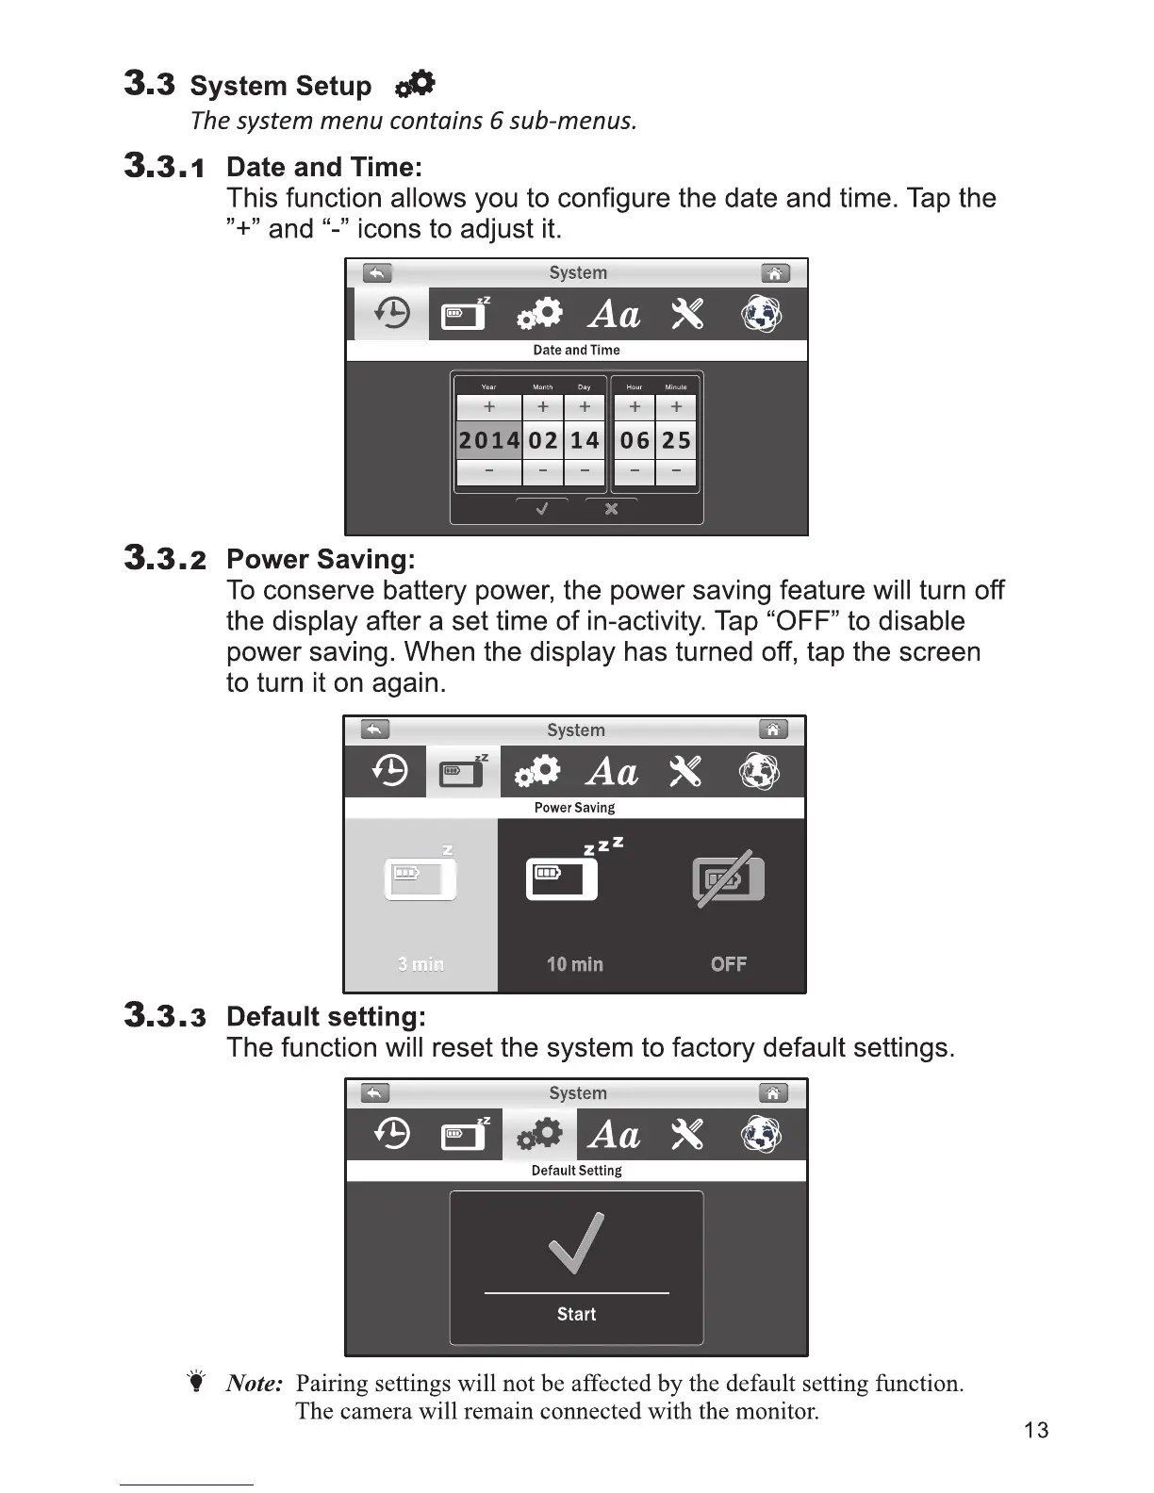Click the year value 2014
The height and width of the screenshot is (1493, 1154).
click(488, 440)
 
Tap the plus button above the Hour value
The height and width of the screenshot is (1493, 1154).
click(635, 407)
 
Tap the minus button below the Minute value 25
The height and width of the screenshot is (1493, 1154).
click(676, 471)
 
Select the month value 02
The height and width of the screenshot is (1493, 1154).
click(543, 440)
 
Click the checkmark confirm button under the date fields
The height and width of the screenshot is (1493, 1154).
click(542, 509)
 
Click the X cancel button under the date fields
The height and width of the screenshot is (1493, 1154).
click(611, 509)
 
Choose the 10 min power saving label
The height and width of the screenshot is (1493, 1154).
click(574, 964)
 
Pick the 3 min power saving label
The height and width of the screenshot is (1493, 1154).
click(420, 964)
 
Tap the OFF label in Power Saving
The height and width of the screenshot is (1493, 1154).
click(729, 964)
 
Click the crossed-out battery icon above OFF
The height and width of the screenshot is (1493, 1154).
click(728, 879)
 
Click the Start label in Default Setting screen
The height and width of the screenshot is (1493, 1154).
click(576, 1314)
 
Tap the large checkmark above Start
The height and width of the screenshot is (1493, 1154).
click(576, 1242)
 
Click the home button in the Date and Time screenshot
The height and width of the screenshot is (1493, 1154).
click(775, 273)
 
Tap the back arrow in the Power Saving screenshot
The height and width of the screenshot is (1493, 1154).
click(375, 730)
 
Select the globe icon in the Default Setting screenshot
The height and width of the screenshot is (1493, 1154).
click(761, 1134)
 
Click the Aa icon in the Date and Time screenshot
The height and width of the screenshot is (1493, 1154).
click(614, 314)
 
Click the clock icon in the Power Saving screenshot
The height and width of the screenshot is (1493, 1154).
click(389, 772)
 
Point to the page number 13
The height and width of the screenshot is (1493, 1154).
click(1035, 1430)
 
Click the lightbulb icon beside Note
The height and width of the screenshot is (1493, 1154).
click(196, 1383)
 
